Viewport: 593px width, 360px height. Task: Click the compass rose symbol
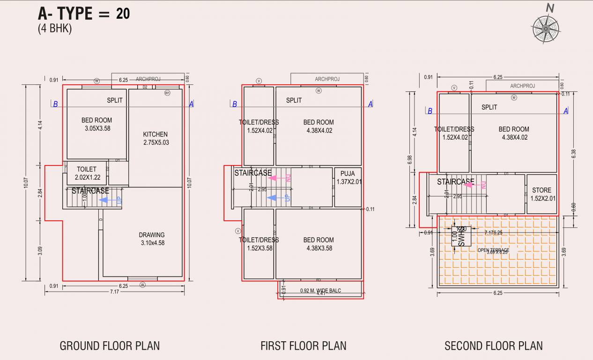[546, 28]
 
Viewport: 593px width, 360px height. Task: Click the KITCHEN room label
[156, 138]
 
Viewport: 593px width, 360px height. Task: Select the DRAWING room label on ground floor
[152, 239]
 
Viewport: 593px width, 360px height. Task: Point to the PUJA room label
[348, 178]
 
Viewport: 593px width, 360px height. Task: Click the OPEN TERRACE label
[493, 250]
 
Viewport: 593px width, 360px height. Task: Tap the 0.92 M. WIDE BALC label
[320, 291]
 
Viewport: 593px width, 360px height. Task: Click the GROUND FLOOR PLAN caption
[110, 346]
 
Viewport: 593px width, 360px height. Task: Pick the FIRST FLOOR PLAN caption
[304, 346]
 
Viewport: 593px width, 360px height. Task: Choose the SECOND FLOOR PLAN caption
[494, 346]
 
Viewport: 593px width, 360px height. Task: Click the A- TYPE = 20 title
[84, 14]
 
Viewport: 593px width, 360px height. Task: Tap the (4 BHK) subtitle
[55, 29]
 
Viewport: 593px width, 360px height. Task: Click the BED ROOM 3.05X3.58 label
[96, 124]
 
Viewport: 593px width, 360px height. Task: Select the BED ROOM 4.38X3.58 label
[319, 244]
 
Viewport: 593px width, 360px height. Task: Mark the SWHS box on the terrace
[461, 237]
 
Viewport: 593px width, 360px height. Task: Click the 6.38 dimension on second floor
[574, 154]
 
